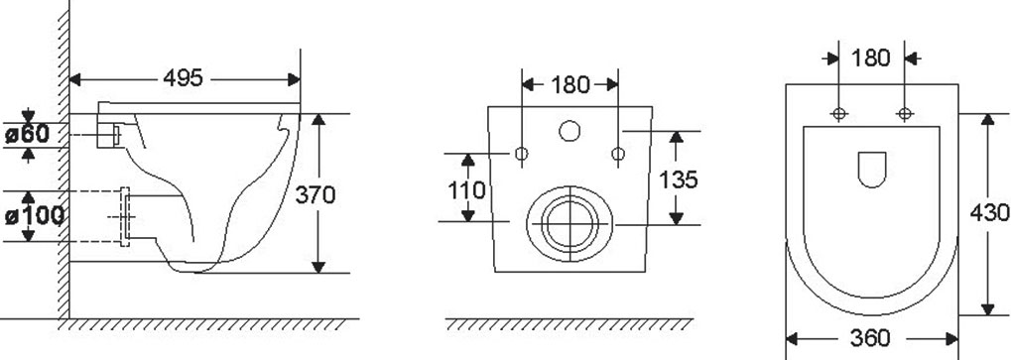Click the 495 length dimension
[x=183, y=78]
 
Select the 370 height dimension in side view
[x=316, y=194]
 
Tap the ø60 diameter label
[x=27, y=134]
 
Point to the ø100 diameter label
[x=34, y=216]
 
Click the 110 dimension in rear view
[x=467, y=190]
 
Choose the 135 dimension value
[x=678, y=180]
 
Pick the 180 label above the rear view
[x=570, y=84]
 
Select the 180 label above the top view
[x=870, y=58]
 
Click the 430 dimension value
[x=990, y=212]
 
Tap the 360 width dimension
[x=870, y=337]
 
